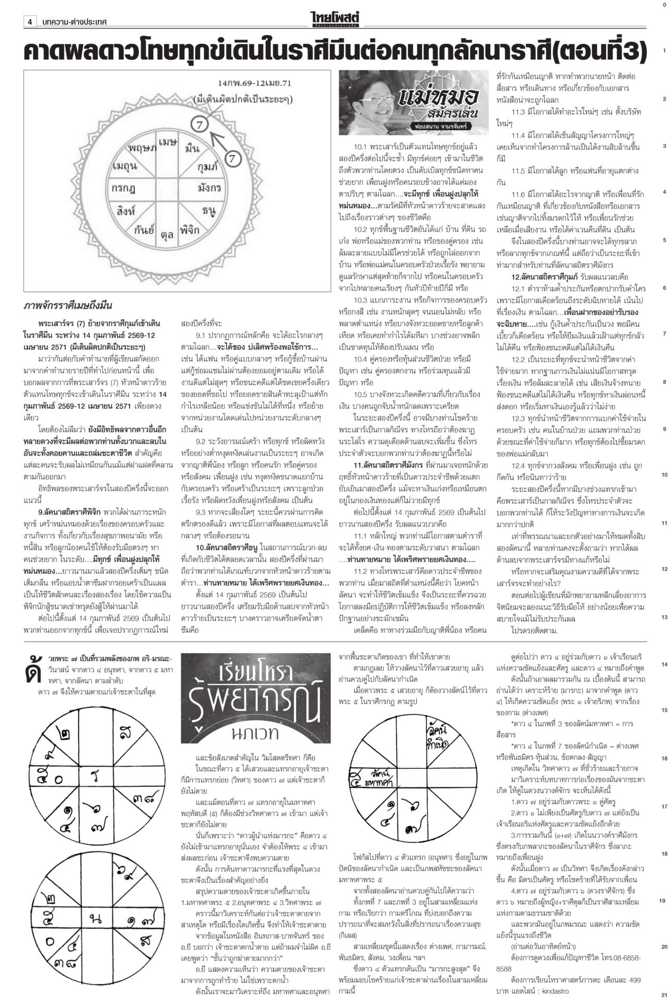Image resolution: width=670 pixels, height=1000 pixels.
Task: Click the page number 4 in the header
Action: (30, 22)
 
